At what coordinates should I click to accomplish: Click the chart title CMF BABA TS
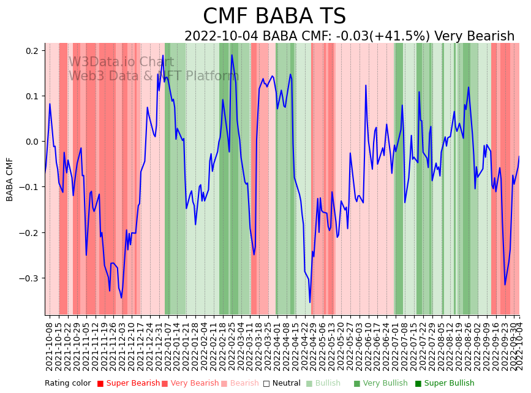274,17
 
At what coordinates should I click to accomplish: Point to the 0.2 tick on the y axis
32,51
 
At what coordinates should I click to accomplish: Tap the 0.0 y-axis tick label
32,142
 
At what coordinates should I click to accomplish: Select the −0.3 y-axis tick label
30,278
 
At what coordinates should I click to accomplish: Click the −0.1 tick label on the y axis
30,187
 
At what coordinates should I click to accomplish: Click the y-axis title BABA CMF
10,179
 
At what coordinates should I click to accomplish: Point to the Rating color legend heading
68,383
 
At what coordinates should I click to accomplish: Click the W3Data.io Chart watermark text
121,62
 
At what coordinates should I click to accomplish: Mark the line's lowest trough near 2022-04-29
310,302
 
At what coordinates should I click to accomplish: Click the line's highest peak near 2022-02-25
232,55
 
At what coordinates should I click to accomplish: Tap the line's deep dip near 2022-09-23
505,284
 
